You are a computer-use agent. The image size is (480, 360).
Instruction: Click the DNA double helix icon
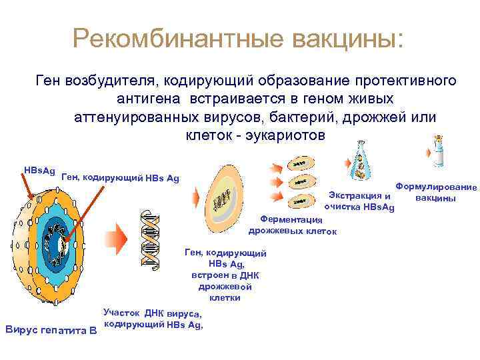point(152,239)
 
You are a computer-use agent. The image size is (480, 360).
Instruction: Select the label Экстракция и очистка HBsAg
point(359,201)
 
